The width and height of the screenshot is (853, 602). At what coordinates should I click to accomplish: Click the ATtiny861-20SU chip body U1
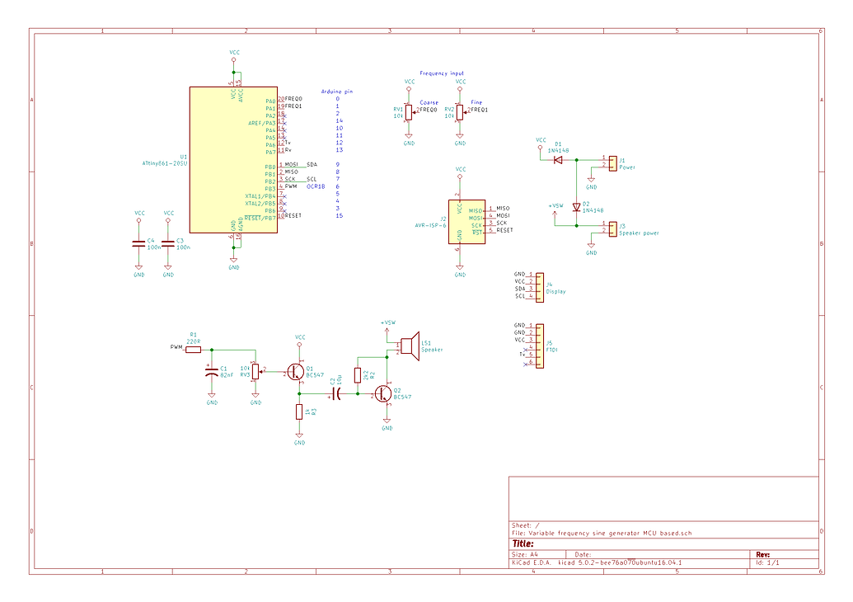click(233, 160)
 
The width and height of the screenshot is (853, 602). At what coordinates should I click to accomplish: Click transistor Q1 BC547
click(297, 372)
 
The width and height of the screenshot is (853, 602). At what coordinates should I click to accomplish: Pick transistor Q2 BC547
click(385, 394)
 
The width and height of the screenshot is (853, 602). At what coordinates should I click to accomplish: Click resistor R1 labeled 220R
click(194, 349)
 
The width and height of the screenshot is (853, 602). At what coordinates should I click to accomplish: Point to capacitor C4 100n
click(138, 243)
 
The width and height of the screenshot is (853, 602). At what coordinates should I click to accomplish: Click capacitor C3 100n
click(168, 243)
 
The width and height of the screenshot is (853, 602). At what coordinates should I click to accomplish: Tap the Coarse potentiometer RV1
click(408, 111)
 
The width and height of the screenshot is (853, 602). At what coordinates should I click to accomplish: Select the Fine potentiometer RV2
click(460, 112)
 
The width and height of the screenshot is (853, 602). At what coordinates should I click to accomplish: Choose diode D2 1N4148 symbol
click(576, 207)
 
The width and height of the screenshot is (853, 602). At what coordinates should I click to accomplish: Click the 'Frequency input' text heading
click(441, 73)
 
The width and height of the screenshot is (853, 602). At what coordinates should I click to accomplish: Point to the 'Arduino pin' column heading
click(336, 91)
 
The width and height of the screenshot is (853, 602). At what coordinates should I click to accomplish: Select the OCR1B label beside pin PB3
click(316, 187)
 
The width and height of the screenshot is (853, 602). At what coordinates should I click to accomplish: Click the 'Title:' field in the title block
click(524, 543)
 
